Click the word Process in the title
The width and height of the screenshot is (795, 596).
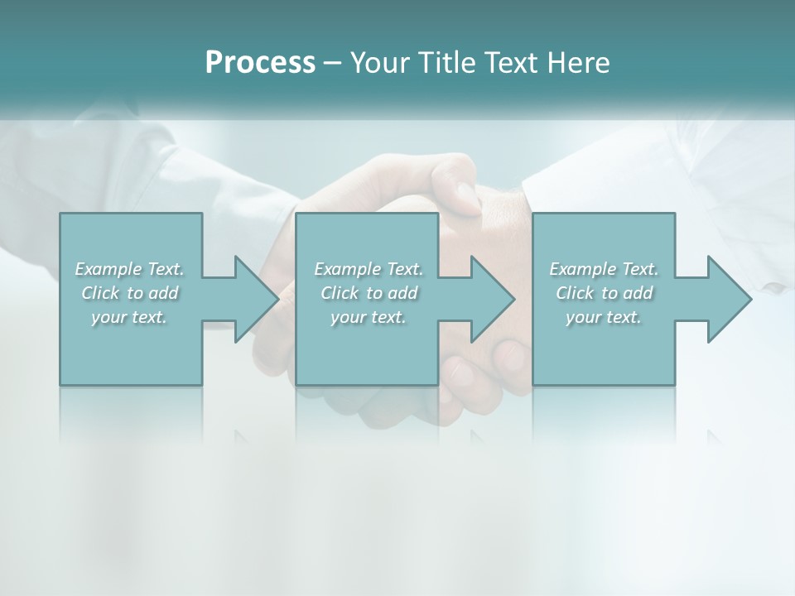point(260,63)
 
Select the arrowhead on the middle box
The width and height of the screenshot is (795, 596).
point(491,299)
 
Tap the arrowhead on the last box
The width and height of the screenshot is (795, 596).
point(728,299)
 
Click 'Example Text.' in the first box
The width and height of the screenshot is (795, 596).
point(129,269)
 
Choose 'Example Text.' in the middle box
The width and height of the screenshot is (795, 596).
point(369,269)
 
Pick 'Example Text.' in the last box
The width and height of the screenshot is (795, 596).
point(604,269)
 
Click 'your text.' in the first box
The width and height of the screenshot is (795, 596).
point(129,317)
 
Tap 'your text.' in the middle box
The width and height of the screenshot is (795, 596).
point(369,317)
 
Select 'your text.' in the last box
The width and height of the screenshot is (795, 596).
point(604,317)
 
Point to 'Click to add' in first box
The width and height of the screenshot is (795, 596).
point(129,293)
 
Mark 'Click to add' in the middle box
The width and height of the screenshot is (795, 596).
point(369,293)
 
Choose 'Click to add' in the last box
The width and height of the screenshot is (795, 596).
point(604,293)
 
